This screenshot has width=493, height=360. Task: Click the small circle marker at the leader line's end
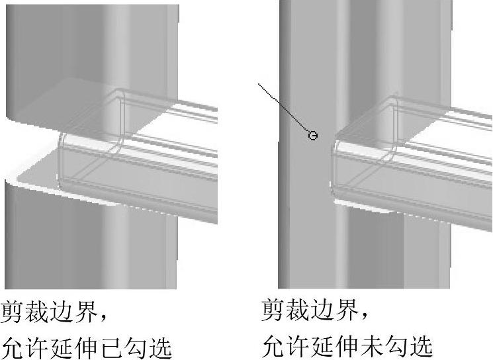[313, 136]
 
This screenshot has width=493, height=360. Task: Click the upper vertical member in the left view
[93, 46]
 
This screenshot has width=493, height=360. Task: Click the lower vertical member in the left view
[93, 245]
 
